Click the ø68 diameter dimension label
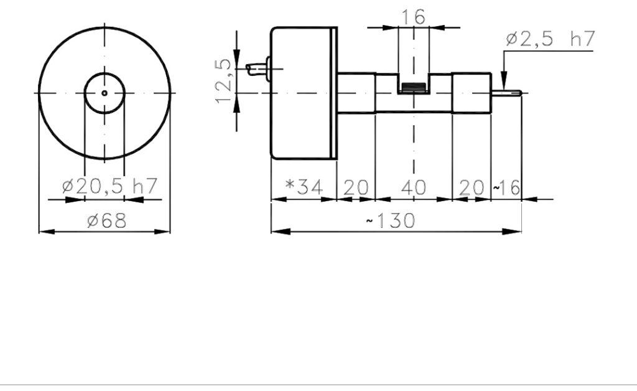click(x=107, y=220)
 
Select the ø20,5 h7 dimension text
click(x=109, y=186)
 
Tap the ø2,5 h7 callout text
click(x=551, y=39)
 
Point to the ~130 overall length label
click(x=391, y=220)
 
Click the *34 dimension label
click(x=304, y=187)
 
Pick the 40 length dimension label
click(x=414, y=188)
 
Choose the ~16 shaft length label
click(x=506, y=188)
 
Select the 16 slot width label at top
click(x=413, y=17)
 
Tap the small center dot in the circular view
click(x=105, y=93)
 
